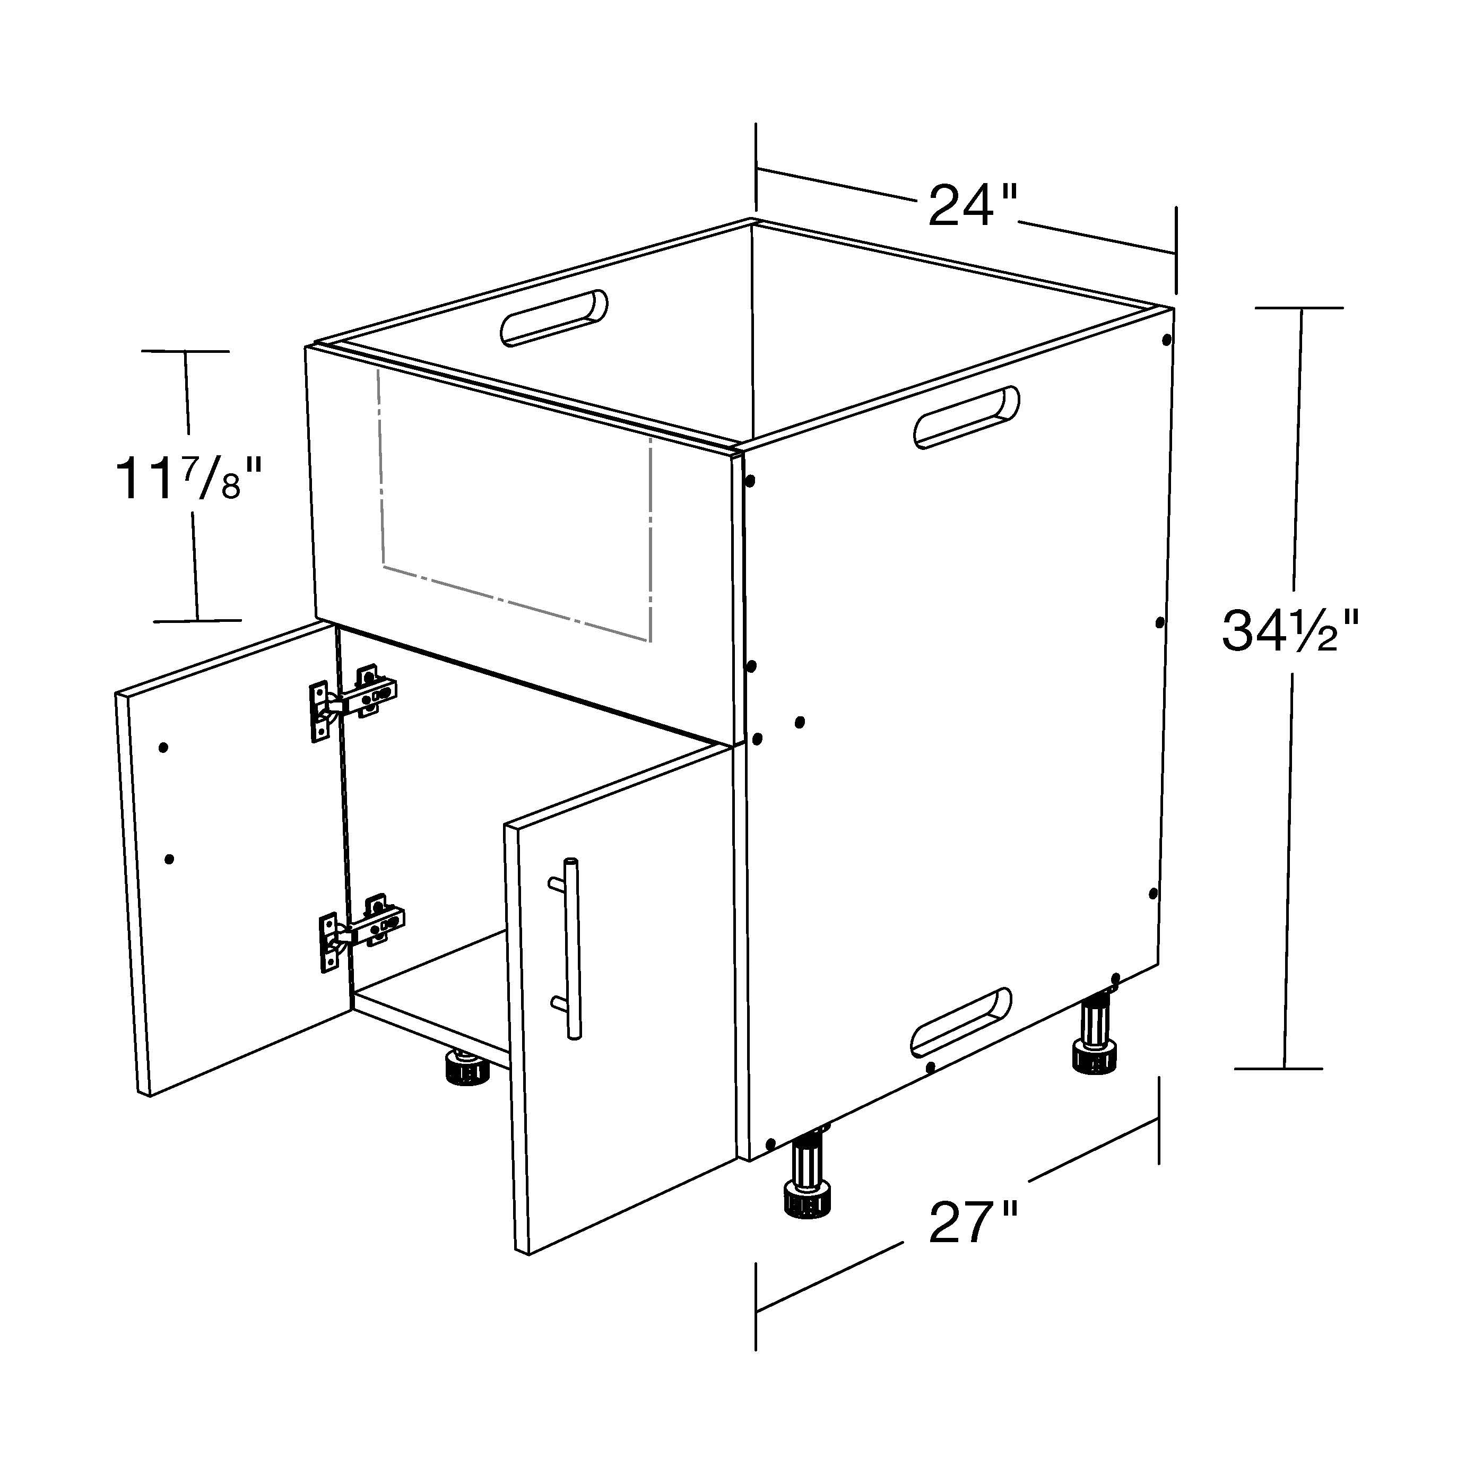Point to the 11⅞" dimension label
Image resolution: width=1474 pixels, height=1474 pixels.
(188, 479)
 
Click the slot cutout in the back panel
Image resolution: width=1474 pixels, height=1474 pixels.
(554, 317)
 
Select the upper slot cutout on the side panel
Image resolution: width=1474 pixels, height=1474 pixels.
(966, 417)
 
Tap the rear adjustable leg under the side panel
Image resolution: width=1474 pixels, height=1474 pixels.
(1096, 1034)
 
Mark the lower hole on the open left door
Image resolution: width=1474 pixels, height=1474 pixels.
(169, 859)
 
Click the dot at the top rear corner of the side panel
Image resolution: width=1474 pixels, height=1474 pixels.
(1166, 340)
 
